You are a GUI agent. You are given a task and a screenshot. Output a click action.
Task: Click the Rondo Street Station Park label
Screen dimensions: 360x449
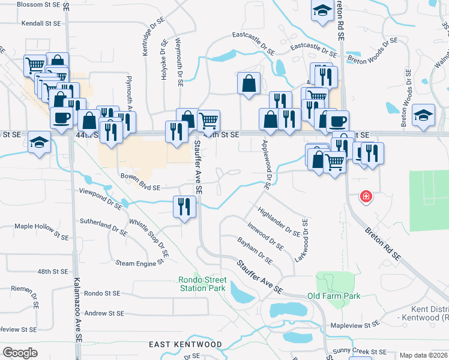tap(202, 284)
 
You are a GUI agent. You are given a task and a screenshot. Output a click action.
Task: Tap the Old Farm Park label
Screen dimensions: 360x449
tap(334, 296)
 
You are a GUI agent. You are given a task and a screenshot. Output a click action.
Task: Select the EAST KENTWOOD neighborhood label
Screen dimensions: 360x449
tap(185, 345)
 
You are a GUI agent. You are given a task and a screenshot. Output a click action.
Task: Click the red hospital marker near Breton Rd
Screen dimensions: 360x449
tap(365, 197)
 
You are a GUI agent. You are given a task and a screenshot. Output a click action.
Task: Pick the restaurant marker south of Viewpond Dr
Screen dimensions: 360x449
tap(184, 207)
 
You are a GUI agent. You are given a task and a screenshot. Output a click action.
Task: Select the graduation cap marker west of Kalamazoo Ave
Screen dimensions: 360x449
tap(40, 143)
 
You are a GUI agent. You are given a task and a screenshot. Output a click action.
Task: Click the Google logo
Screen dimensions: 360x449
tap(20, 352)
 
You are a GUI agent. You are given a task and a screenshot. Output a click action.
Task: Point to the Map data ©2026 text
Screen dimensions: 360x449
tap(423, 355)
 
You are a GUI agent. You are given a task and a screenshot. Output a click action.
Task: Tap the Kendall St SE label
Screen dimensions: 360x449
tap(41, 23)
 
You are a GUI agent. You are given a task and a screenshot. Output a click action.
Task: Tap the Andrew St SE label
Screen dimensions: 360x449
tap(104, 313)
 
